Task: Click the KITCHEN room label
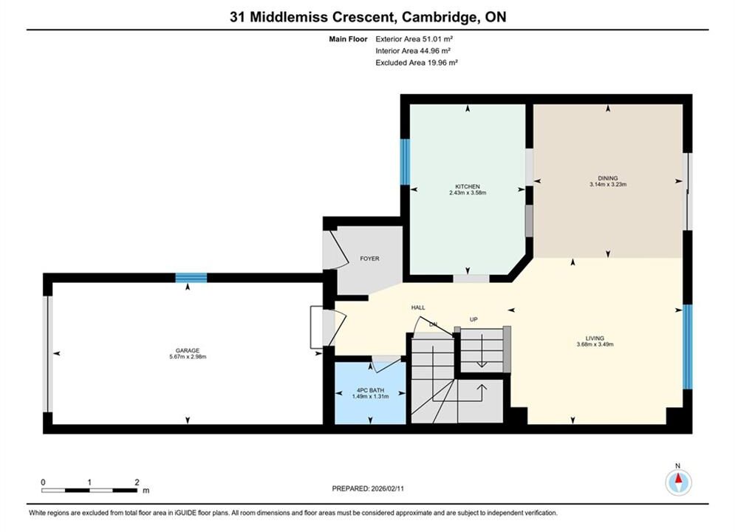[x=468, y=186]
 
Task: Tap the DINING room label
[x=607, y=178]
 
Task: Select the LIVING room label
[x=595, y=338]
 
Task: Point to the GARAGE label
[x=188, y=351]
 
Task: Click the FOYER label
[x=369, y=259]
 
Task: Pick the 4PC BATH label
[x=370, y=390]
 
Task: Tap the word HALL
[x=418, y=307]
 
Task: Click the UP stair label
[x=474, y=319]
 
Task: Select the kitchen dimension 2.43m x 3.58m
[x=468, y=193]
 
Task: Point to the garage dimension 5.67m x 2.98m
[x=188, y=357]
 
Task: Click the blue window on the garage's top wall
[x=191, y=278]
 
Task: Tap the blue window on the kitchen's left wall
[x=405, y=162]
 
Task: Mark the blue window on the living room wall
[x=687, y=347]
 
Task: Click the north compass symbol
[x=678, y=481]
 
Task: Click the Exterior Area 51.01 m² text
[x=414, y=39]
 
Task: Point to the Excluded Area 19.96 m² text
[x=416, y=63]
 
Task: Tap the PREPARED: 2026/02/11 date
[x=368, y=488]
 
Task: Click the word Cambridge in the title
[x=437, y=17]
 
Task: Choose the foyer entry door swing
[x=335, y=248]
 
